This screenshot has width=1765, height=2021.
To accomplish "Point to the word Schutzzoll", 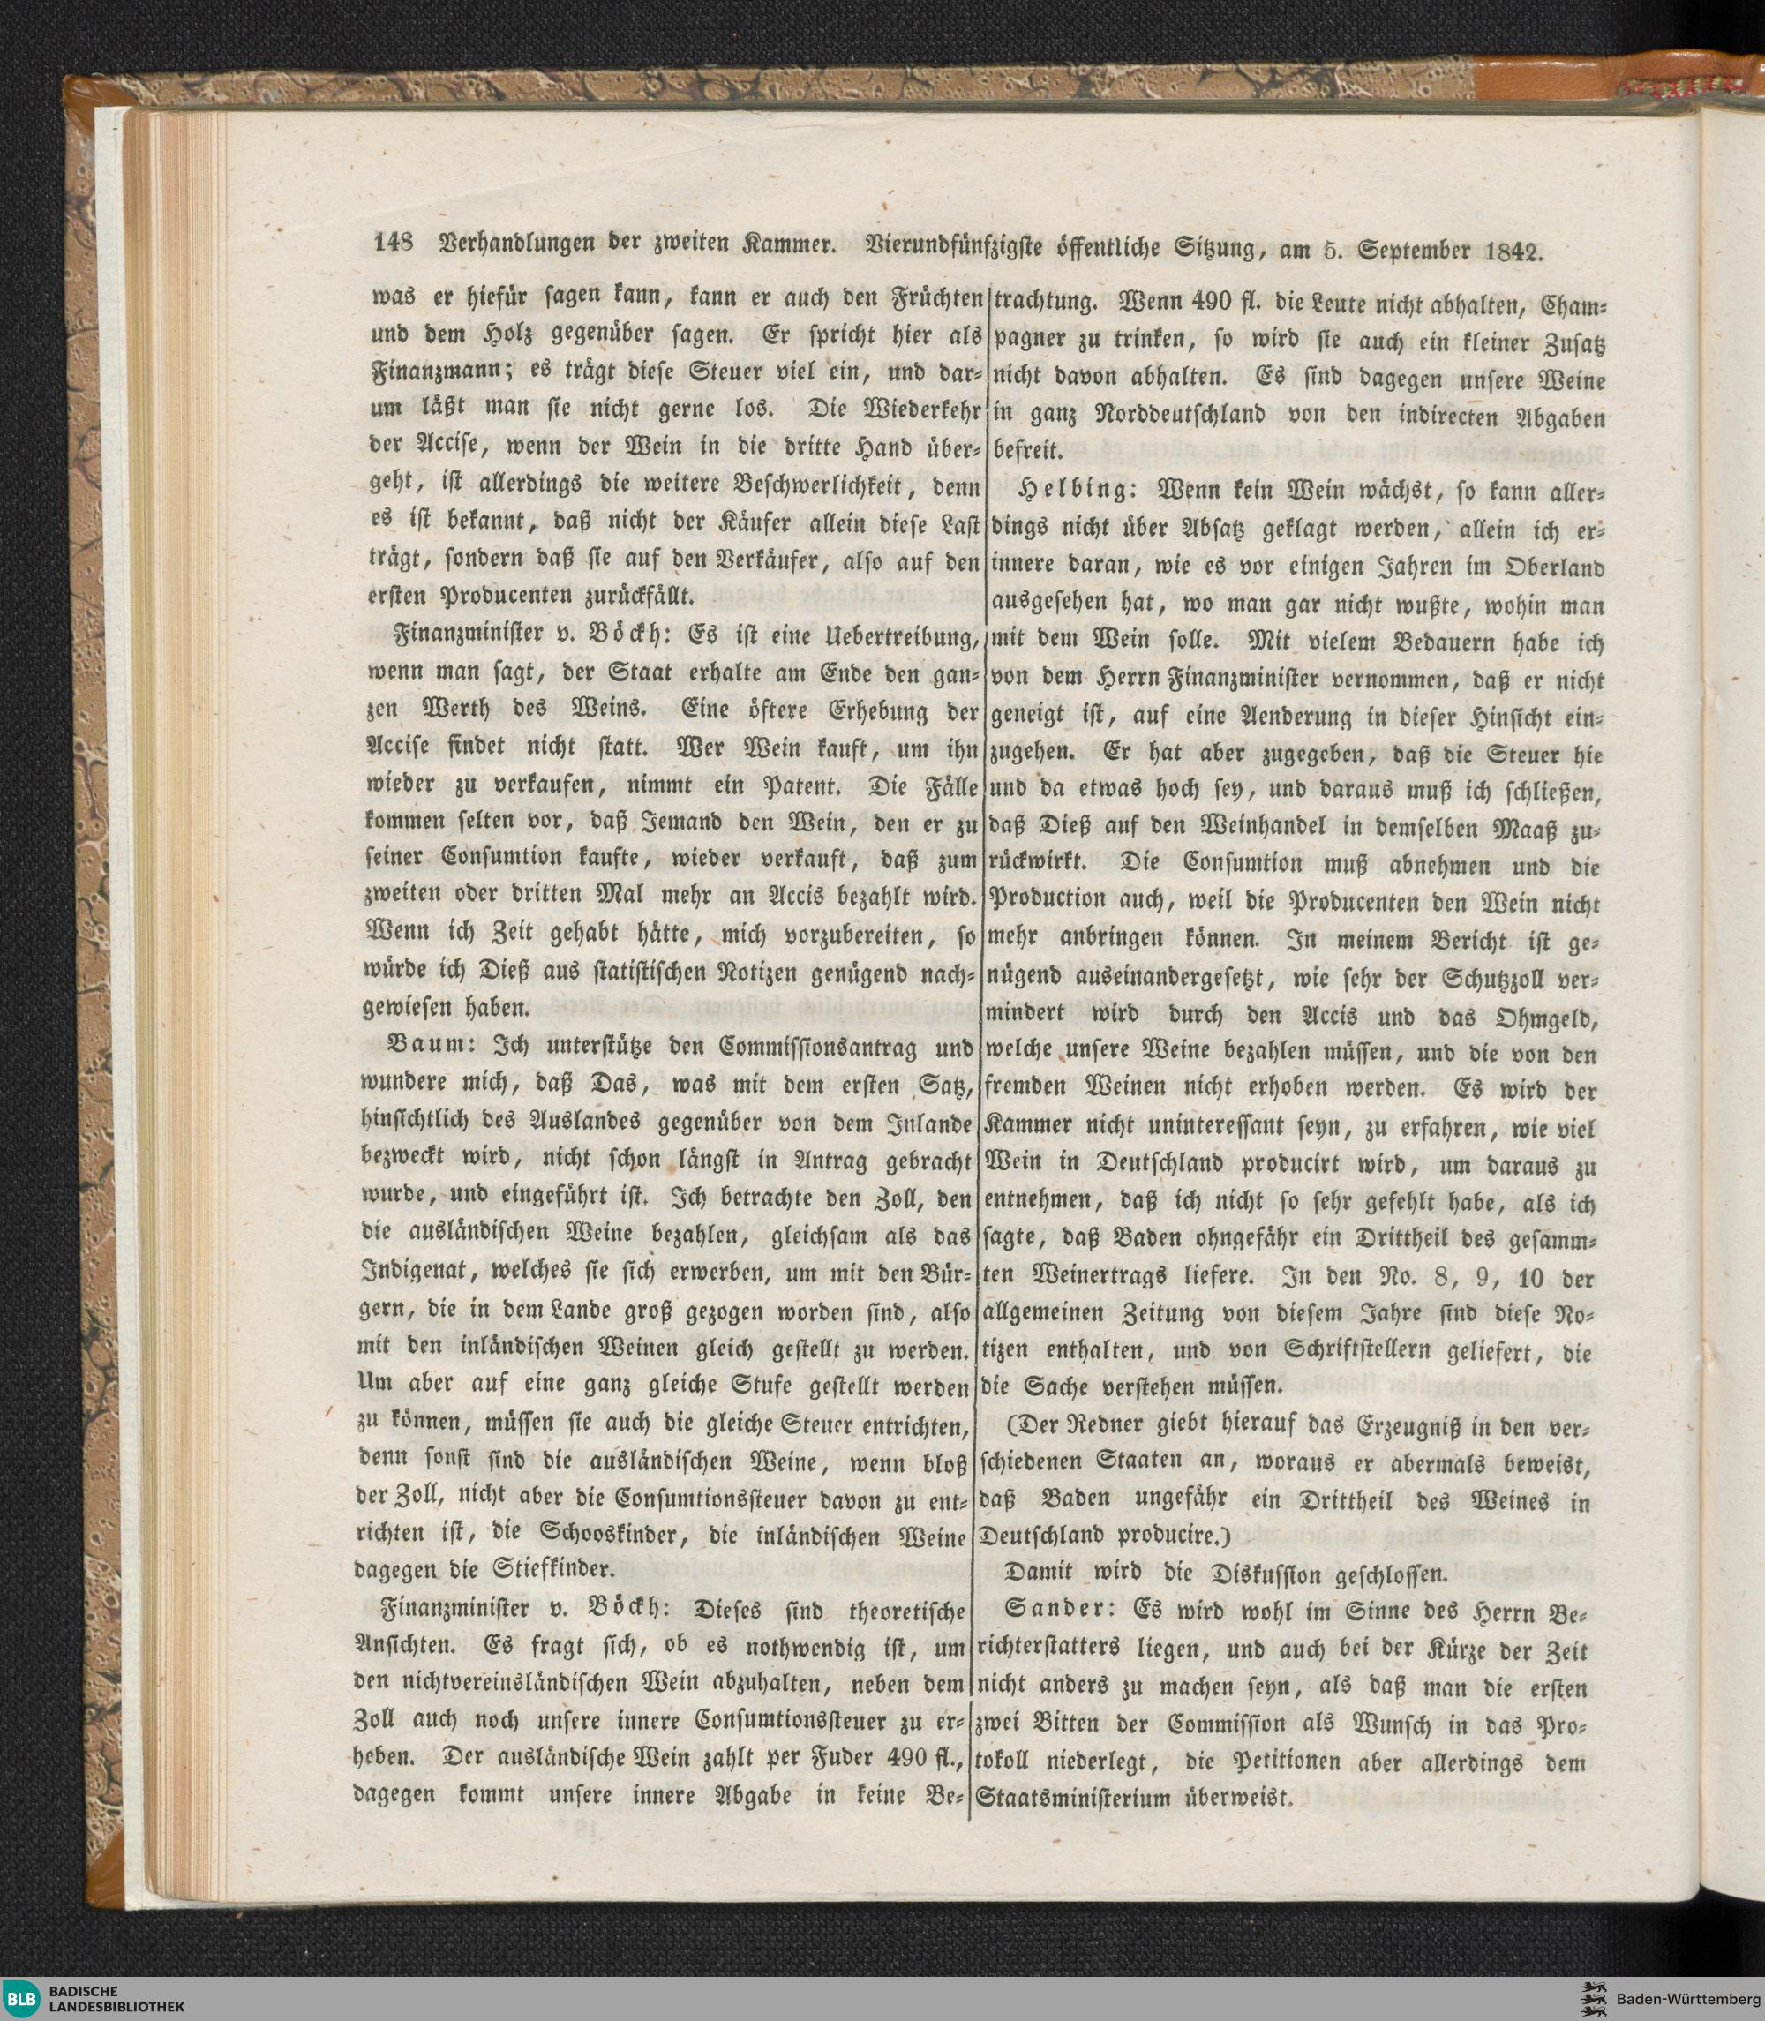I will pos(1471,979).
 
